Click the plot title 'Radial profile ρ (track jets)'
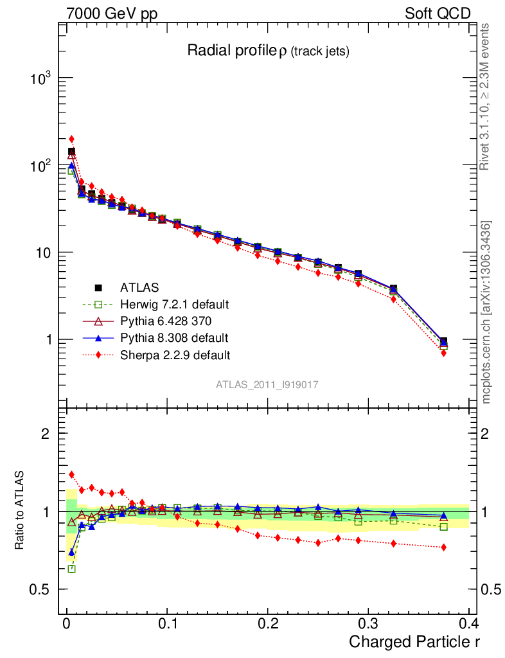pyautogui.click(x=268, y=51)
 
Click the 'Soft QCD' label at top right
pyautogui.click(x=438, y=13)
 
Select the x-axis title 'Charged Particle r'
pyautogui.click(x=414, y=641)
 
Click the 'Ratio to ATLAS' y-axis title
pyautogui.click(x=20, y=511)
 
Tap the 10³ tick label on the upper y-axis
pyautogui.click(x=40, y=78)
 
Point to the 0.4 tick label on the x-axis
pyautogui.click(x=468, y=623)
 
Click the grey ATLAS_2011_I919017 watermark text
pyautogui.click(x=267, y=384)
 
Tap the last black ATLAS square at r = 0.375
pyautogui.click(x=443, y=341)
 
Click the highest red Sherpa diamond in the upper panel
pyautogui.click(x=71, y=139)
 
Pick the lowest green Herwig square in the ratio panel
pyautogui.click(x=71, y=569)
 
